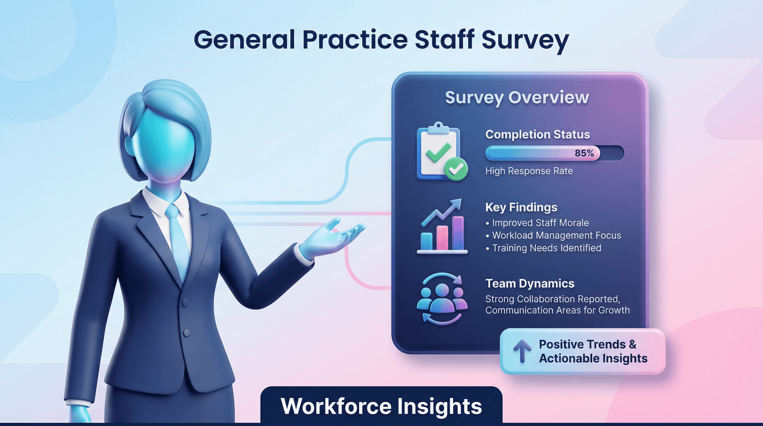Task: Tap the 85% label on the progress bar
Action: point(584,153)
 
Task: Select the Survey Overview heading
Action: point(517,97)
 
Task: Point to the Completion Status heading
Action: point(537,134)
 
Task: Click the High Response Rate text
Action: point(529,171)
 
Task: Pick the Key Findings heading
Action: point(521,207)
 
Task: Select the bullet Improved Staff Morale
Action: point(540,223)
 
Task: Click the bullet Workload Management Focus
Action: point(556,236)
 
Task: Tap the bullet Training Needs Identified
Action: point(546,248)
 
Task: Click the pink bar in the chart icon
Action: point(442,238)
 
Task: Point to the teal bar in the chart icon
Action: point(426,241)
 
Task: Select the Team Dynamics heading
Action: point(530,284)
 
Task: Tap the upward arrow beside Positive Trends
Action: point(522,351)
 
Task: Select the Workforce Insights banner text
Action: point(381,406)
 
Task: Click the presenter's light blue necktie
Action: point(179,238)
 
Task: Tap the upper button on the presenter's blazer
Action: point(185,303)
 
